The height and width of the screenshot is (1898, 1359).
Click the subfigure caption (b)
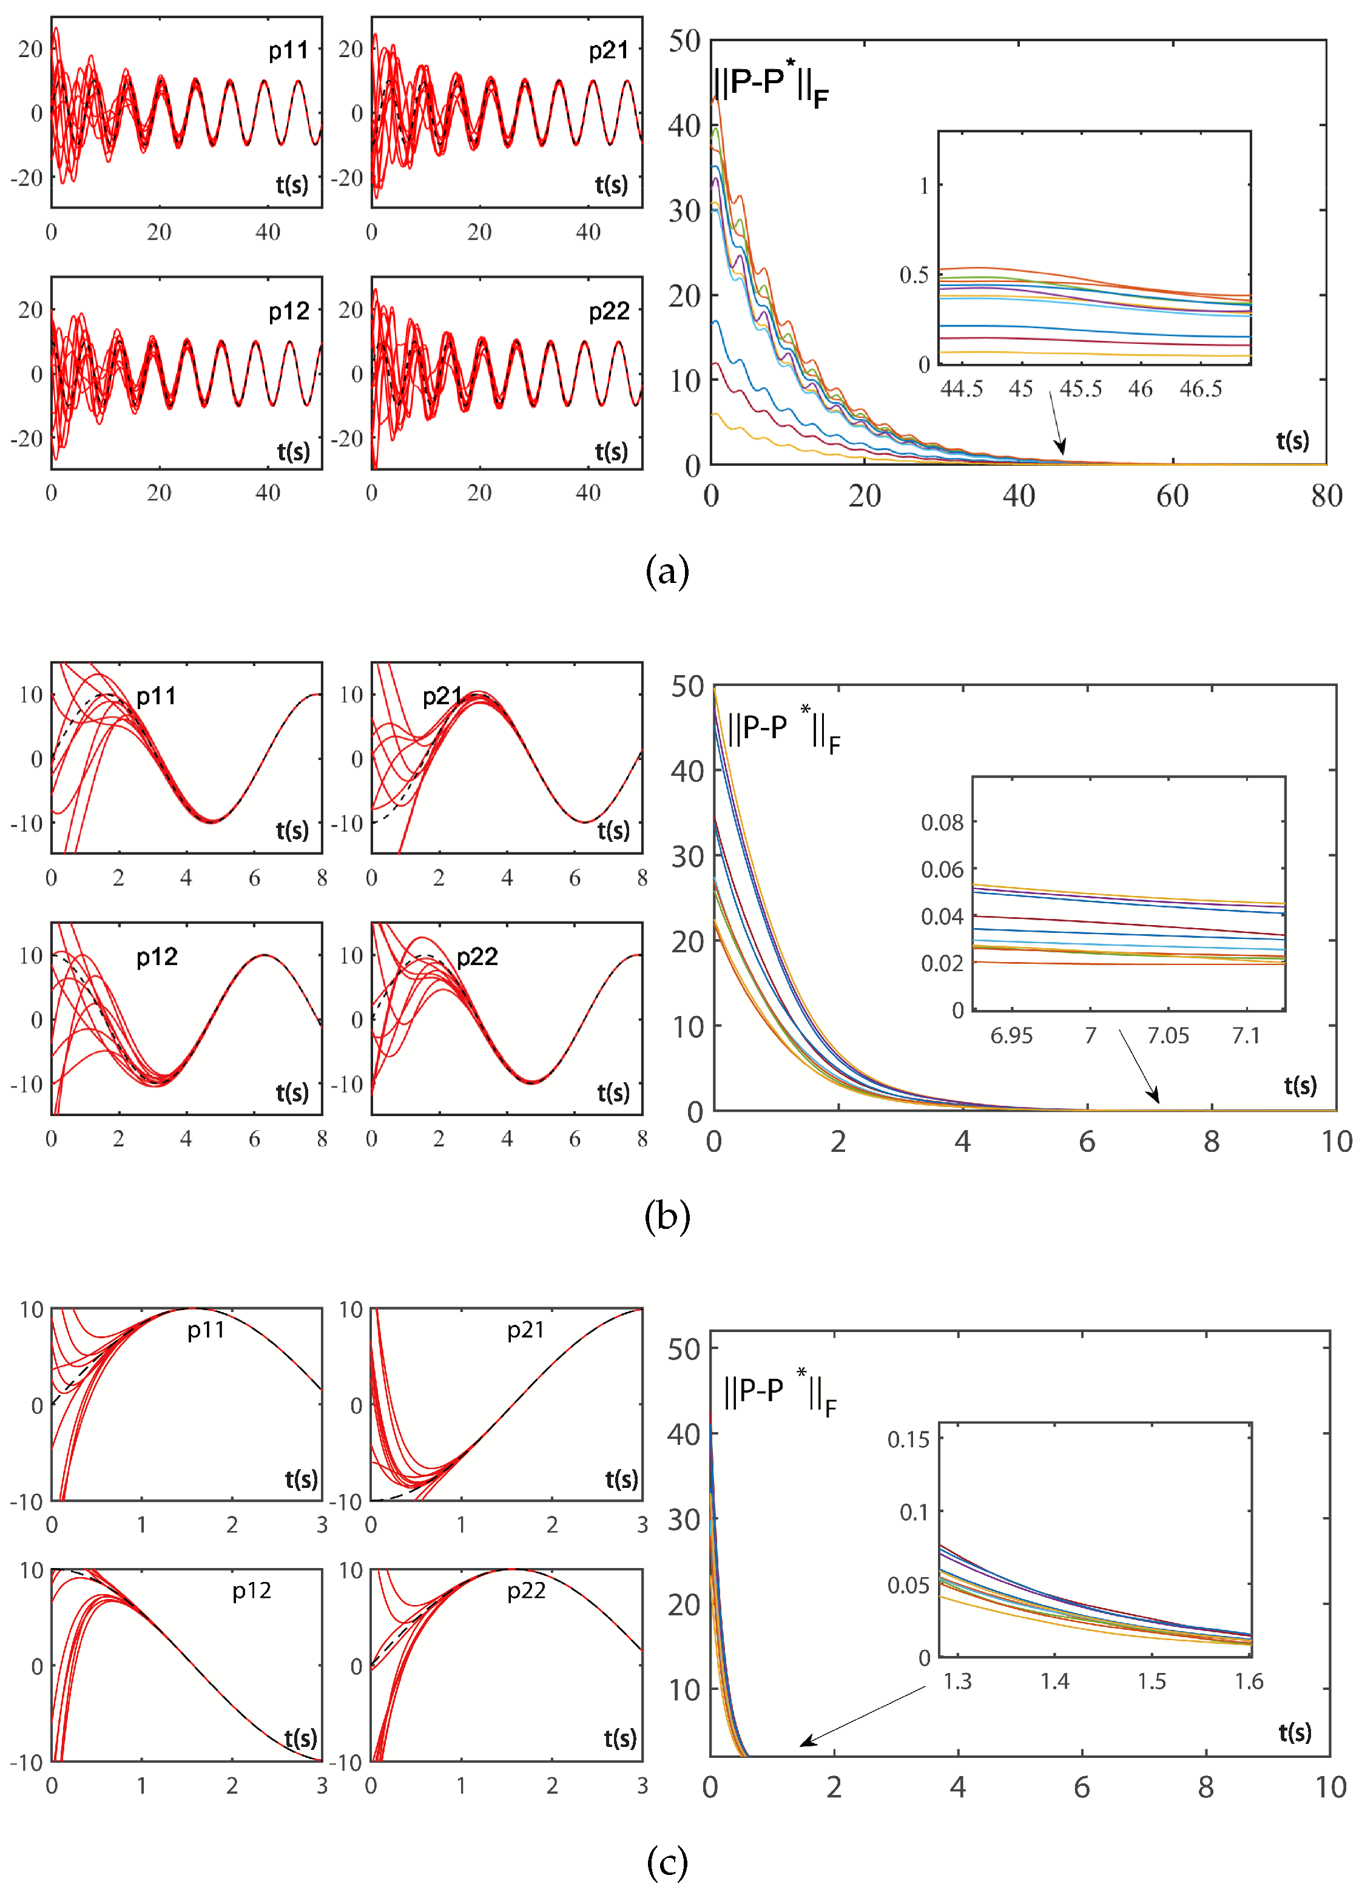pyautogui.click(x=667, y=1216)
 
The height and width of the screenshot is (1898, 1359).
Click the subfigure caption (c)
pyautogui.click(x=667, y=1862)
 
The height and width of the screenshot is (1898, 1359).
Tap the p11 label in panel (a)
pyautogui.click(x=288, y=51)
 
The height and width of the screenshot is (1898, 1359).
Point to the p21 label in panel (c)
pyautogui.click(x=525, y=1331)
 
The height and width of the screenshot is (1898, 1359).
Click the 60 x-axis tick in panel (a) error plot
pyautogui.click(x=1172, y=496)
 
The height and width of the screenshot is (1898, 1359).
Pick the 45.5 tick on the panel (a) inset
pyautogui.click(x=1081, y=389)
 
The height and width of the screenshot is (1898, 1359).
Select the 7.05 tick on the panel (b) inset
pyautogui.click(x=1167, y=1035)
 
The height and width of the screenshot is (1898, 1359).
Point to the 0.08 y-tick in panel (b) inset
pyautogui.click(x=942, y=823)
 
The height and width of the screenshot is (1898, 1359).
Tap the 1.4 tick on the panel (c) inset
pyautogui.click(x=1054, y=1682)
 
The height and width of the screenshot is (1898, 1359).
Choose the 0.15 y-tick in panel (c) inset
pyautogui.click(x=908, y=1439)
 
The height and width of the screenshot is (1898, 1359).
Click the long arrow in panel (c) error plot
pyautogui.click(x=862, y=1715)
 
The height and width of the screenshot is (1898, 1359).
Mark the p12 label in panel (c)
pyautogui.click(x=251, y=1591)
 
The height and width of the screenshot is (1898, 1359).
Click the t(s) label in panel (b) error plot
pyautogui.click(x=1300, y=1086)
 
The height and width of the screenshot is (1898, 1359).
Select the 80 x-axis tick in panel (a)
pyautogui.click(x=1326, y=496)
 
